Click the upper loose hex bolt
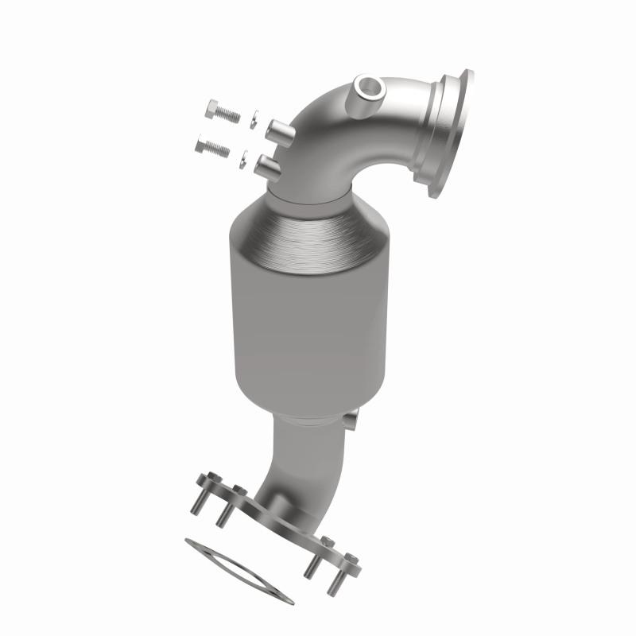click(221, 111)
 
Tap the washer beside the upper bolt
click(251, 118)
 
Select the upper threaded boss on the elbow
click(279, 128)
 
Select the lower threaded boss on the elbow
click(268, 166)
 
